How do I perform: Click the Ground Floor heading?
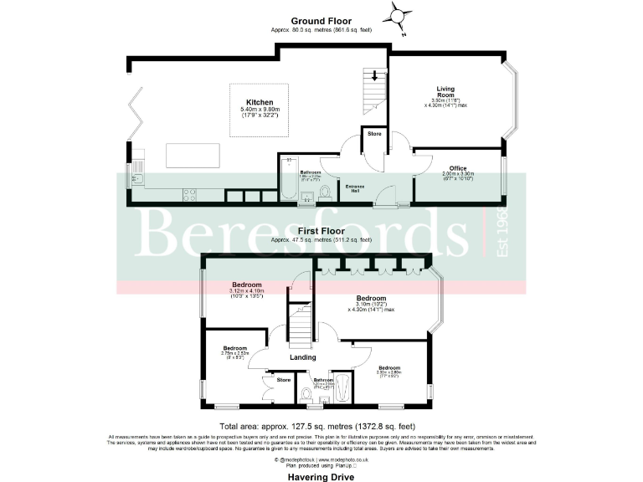pyautogui.click(x=321, y=20)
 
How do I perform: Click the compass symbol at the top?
pyautogui.click(x=399, y=13)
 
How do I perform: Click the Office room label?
pyautogui.click(x=457, y=168)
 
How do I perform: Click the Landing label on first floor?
pyautogui.click(x=302, y=357)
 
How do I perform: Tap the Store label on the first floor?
pyautogui.click(x=284, y=380)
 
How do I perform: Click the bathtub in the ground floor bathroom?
pyautogui.click(x=286, y=179)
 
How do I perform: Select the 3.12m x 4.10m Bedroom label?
pyautogui.click(x=247, y=285)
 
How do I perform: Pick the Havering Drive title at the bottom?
pyautogui.click(x=321, y=477)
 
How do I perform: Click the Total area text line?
pyautogui.click(x=321, y=426)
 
